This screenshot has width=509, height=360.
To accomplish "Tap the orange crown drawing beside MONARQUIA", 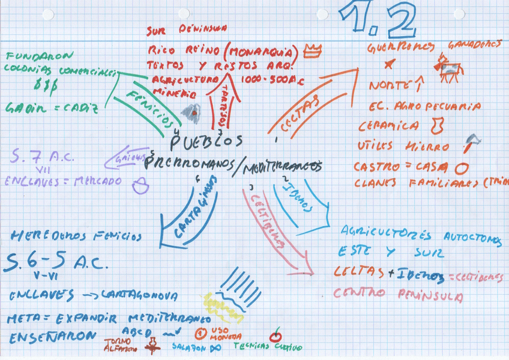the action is [x=312, y=52].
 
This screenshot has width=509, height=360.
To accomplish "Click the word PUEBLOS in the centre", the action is [x=206, y=141].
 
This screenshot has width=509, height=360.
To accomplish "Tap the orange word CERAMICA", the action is [x=388, y=126].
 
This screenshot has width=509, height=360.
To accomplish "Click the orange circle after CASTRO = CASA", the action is [x=462, y=168].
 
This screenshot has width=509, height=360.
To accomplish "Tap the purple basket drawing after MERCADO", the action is [x=140, y=185].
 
